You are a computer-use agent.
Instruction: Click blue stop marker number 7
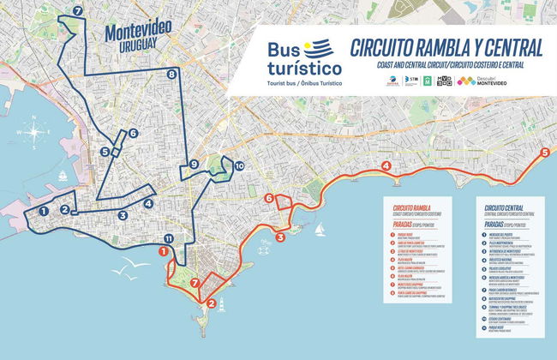[79, 12]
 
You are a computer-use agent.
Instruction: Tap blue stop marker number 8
[172, 75]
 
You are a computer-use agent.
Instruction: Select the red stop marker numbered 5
[545, 153]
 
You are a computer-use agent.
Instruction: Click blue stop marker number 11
[169, 238]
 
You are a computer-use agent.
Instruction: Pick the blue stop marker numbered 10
[238, 165]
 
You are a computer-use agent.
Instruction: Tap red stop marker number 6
[269, 199]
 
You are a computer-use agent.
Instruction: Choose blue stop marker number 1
[43, 208]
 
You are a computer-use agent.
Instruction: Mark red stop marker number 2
[211, 301]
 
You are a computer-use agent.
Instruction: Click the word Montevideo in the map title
[137, 29]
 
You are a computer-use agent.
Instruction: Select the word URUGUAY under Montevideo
[138, 45]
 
